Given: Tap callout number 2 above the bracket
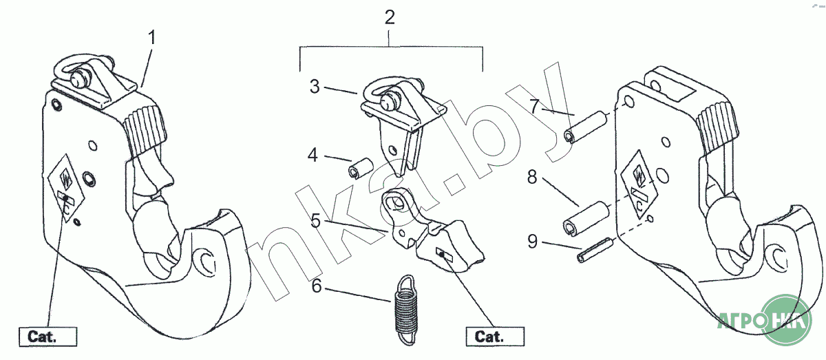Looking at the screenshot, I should point(390,17).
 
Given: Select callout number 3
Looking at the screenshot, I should point(315,87).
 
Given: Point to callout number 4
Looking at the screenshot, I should point(313,155).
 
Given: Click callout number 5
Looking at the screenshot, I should point(316,220).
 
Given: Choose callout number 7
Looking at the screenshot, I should point(534,107).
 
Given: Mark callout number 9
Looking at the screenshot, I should point(533,241).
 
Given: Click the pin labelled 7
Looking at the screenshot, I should point(584,125).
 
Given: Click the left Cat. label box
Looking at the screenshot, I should point(48,337).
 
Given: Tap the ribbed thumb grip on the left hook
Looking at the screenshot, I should point(146,128).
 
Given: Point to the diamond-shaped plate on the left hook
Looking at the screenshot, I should point(66,185).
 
